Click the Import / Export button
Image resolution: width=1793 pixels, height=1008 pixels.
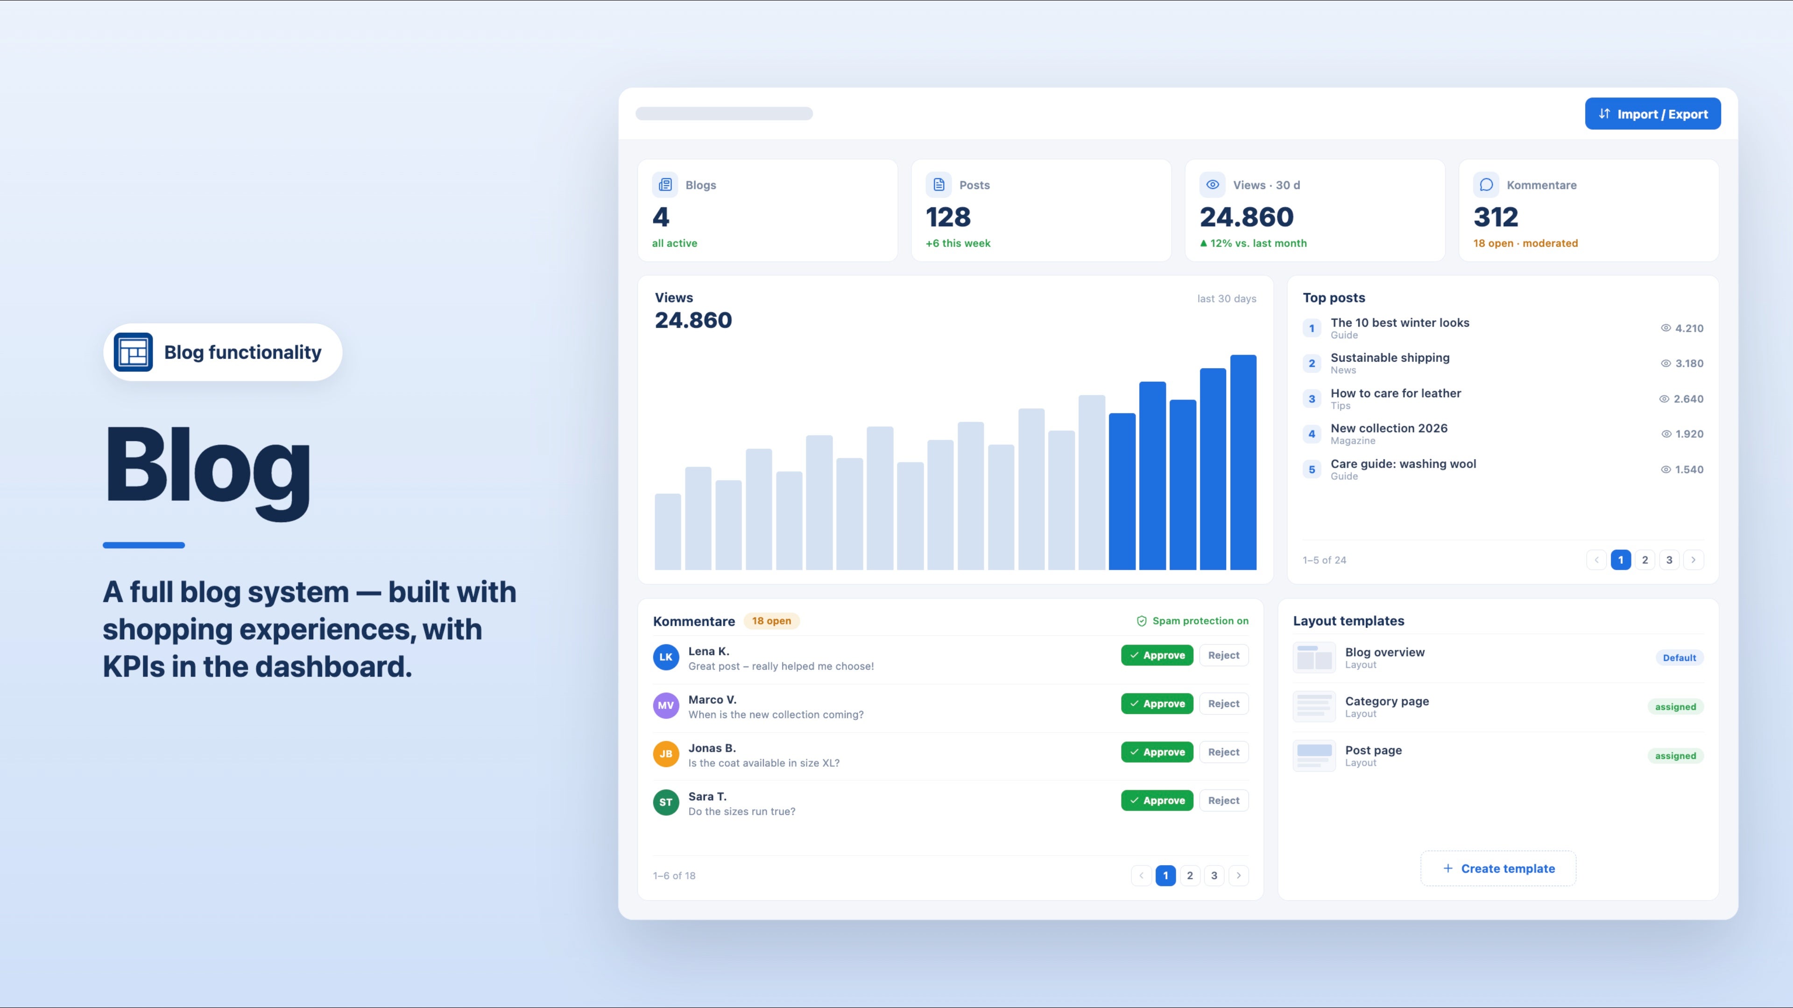(x=1652, y=114)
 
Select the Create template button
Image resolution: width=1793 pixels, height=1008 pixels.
(x=1498, y=868)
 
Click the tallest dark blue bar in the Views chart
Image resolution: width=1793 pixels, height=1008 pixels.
(x=1243, y=462)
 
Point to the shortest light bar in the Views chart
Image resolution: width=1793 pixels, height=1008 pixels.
(x=668, y=532)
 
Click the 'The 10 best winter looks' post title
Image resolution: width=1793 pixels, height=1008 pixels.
(x=1400, y=323)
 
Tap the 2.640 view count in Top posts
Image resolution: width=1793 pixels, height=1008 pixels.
(x=1688, y=399)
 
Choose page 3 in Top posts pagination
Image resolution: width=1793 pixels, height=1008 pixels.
(x=1669, y=560)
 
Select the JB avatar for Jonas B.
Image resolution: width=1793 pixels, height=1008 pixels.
(x=665, y=753)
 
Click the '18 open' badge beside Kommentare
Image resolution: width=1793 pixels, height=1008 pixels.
(x=771, y=621)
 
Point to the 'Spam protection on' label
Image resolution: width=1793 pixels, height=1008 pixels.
(x=1193, y=621)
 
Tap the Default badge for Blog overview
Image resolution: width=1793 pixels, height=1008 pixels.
(x=1679, y=658)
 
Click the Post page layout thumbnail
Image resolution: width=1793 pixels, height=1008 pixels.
(x=1314, y=756)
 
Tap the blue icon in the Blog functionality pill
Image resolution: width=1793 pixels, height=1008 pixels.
(x=133, y=352)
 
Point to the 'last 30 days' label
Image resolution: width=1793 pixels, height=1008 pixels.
(x=1227, y=299)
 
